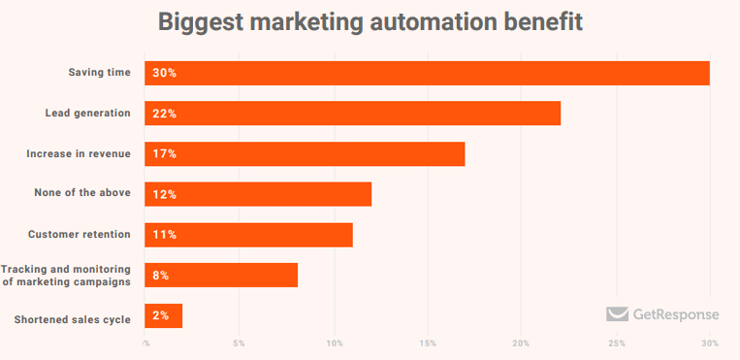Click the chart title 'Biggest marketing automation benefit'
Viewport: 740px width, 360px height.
click(370, 22)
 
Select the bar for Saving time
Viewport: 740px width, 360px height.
click(427, 73)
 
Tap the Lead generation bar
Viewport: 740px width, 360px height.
click(352, 114)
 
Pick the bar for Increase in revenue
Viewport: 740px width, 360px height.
click(305, 153)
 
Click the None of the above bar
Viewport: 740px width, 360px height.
click(258, 194)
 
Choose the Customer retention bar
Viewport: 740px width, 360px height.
click(248, 235)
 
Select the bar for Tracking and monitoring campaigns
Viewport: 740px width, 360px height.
click(221, 276)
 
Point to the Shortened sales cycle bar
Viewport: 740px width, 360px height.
click(164, 315)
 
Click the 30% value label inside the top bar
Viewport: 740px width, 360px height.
click(164, 73)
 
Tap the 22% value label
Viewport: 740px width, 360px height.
click(164, 114)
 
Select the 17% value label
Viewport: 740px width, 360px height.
click(164, 153)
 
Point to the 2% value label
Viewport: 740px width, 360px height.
click(160, 315)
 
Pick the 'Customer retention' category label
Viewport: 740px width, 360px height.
click(80, 235)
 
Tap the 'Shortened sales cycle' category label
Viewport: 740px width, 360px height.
click(73, 319)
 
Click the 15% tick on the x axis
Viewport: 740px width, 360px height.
click(428, 344)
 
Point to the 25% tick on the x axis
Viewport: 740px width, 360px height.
click(616, 344)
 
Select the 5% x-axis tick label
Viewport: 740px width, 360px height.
click(240, 344)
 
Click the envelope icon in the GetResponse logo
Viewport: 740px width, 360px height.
click(617, 313)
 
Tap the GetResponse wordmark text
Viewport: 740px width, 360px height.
click(676, 314)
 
